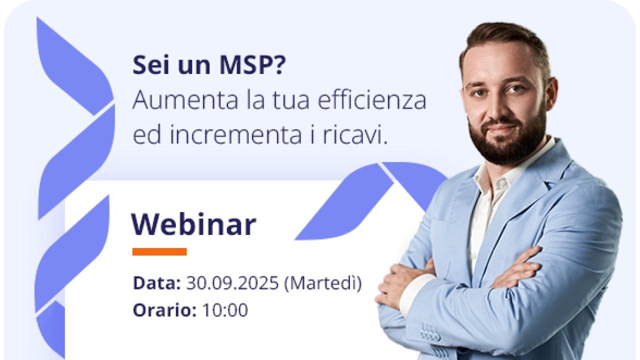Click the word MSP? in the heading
pyautogui.click(x=252, y=65)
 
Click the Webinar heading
pyautogui.click(x=193, y=224)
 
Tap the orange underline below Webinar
pyautogui.click(x=159, y=251)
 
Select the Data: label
pyautogui.click(x=157, y=283)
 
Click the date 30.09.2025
pyautogui.click(x=232, y=283)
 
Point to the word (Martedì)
pyautogui.click(x=323, y=283)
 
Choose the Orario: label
pyautogui.click(x=165, y=309)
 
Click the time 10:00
pyautogui.click(x=225, y=309)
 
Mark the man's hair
pyautogui.click(x=505, y=43)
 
